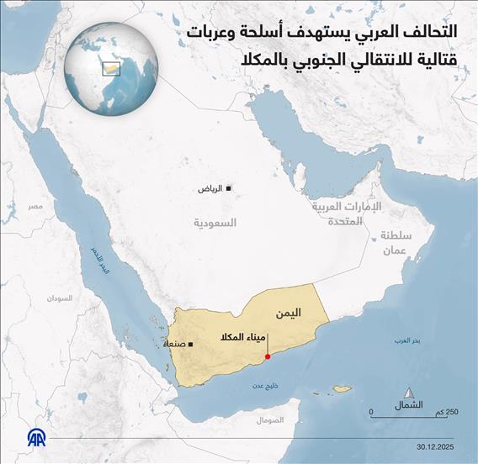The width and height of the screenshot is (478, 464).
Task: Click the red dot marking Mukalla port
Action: (267, 356)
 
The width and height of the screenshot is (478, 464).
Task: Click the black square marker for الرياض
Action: (230, 188)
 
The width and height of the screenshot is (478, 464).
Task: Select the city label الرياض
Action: (211, 189)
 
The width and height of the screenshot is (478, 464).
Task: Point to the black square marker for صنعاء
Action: (194, 345)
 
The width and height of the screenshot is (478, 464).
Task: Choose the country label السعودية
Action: (215, 223)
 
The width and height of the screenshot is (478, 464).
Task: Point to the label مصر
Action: (35, 206)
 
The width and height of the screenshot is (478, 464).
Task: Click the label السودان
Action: (60, 298)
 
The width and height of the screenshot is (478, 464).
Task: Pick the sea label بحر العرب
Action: (406, 340)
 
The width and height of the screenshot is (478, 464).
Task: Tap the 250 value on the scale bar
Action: (451, 412)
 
